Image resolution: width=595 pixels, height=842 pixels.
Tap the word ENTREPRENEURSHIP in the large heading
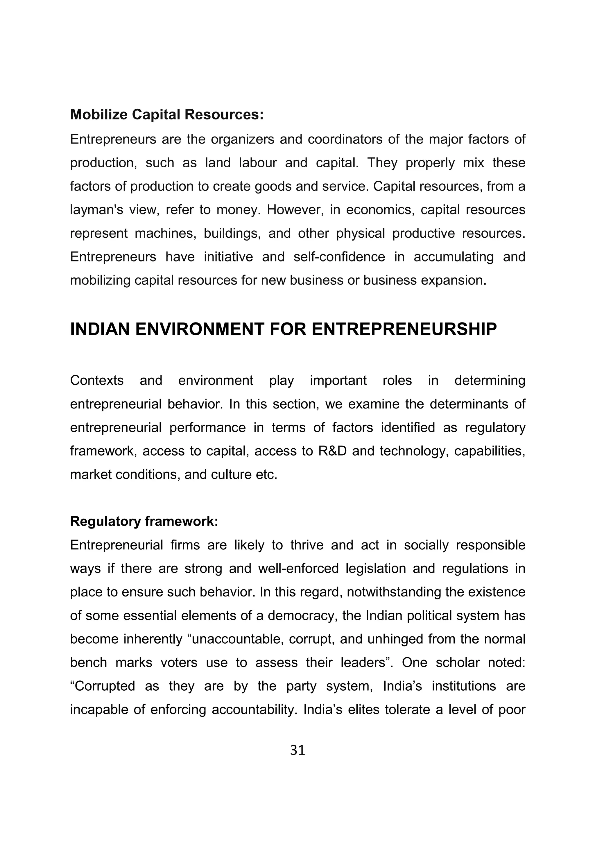(404, 329)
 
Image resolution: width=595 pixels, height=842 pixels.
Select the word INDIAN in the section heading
(100, 329)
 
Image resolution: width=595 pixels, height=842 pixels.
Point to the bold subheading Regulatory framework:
(144, 521)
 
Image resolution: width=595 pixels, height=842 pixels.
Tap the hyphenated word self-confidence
(339, 257)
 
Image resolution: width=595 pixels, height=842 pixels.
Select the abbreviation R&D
(333, 451)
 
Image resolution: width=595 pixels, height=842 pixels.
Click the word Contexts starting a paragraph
(97, 380)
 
